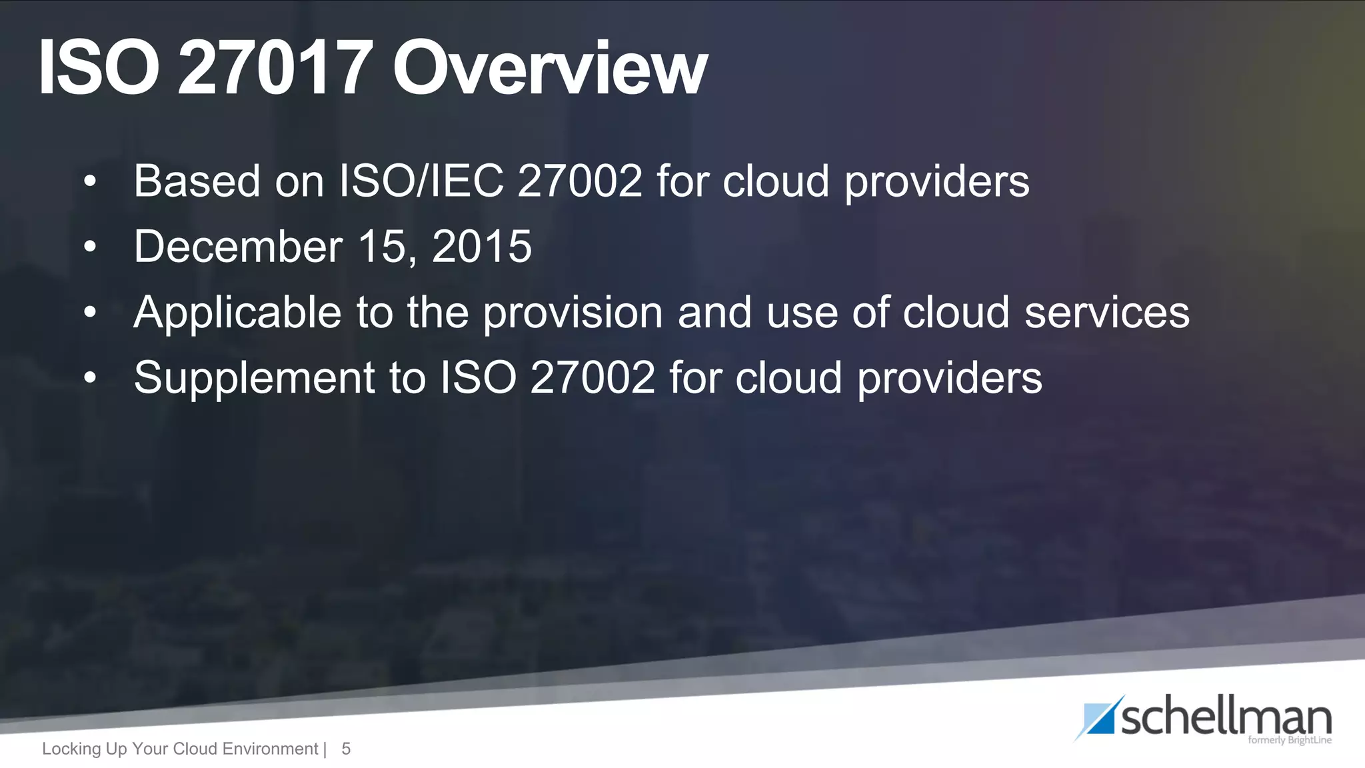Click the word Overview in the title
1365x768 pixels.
(550, 68)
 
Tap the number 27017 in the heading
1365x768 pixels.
(275, 68)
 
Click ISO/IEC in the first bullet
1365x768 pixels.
(421, 181)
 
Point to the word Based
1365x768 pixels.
(197, 181)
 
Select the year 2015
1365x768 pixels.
(482, 246)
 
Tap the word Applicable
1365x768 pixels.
(237, 312)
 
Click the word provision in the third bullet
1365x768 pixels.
(573, 312)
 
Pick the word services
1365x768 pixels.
(1106, 312)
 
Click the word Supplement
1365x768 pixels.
(254, 377)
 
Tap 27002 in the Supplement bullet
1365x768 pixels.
(593, 377)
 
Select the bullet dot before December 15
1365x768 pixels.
(90, 247)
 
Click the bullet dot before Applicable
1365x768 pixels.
(90, 312)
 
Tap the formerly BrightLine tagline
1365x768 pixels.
(1289, 740)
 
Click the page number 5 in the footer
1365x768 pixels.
(346, 749)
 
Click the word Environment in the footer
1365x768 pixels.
(270, 749)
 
